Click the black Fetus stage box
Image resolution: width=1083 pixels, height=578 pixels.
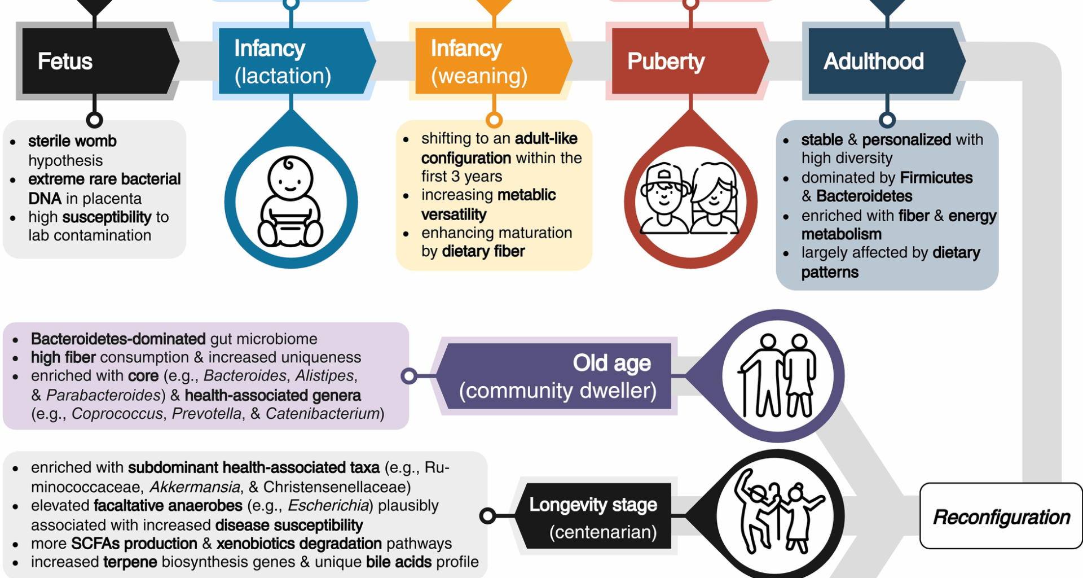point(96,61)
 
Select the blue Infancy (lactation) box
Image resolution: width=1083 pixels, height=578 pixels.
point(293,61)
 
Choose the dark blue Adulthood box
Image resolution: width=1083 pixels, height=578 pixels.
point(883,61)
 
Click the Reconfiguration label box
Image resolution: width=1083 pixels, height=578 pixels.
point(1001,516)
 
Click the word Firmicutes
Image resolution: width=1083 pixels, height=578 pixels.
point(936,178)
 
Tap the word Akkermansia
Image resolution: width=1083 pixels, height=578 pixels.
point(195,487)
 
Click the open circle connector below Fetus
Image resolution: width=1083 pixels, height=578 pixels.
point(95,120)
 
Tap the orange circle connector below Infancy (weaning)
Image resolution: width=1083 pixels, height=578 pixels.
point(494,120)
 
